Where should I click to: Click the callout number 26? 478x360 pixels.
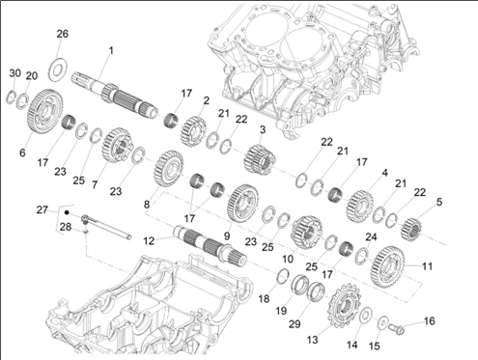(63, 34)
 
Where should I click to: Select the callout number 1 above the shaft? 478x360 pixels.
(111, 50)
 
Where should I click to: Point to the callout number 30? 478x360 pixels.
(15, 73)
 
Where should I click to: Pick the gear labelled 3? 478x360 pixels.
(260, 159)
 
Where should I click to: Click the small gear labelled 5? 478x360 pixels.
(411, 229)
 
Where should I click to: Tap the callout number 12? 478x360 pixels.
(149, 240)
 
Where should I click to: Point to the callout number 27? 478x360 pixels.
(42, 210)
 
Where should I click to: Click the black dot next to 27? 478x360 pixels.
(67, 212)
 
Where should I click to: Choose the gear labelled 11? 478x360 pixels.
(387, 266)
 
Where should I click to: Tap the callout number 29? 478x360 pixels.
(295, 324)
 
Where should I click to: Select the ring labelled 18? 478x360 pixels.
(283, 276)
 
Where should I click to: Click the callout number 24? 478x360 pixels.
(371, 237)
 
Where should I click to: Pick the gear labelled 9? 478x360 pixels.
(242, 203)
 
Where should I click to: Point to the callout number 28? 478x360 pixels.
(66, 227)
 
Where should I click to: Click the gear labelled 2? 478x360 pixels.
(193, 131)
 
